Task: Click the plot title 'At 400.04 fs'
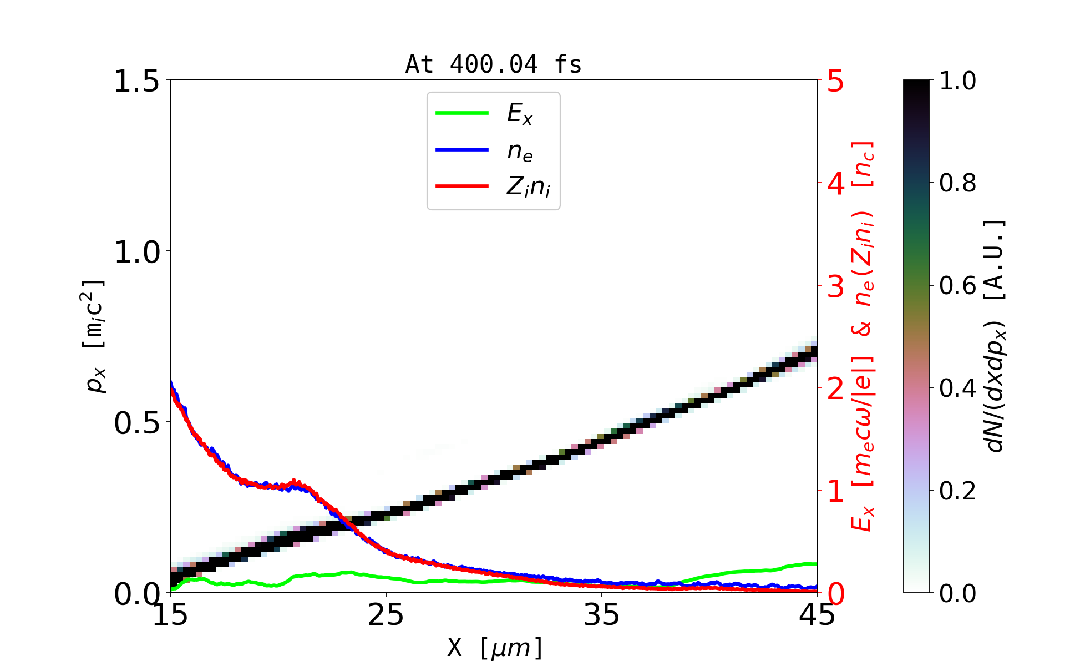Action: click(x=493, y=65)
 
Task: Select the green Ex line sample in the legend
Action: click(x=462, y=113)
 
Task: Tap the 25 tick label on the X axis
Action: click(x=386, y=615)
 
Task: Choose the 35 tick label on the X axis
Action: click(x=602, y=615)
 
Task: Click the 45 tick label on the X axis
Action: click(x=817, y=615)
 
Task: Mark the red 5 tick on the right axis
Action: click(x=836, y=81)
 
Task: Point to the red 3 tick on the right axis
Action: click(x=836, y=286)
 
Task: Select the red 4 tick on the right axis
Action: click(x=836, y=184)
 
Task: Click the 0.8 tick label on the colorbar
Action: click(x=958, y=183)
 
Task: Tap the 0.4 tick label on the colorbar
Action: click(x=958, y=389)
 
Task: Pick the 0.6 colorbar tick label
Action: click(x=958, y=286)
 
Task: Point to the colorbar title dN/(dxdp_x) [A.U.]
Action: click(x=996, y=336)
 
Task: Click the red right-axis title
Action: click(x=863, y=336)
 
